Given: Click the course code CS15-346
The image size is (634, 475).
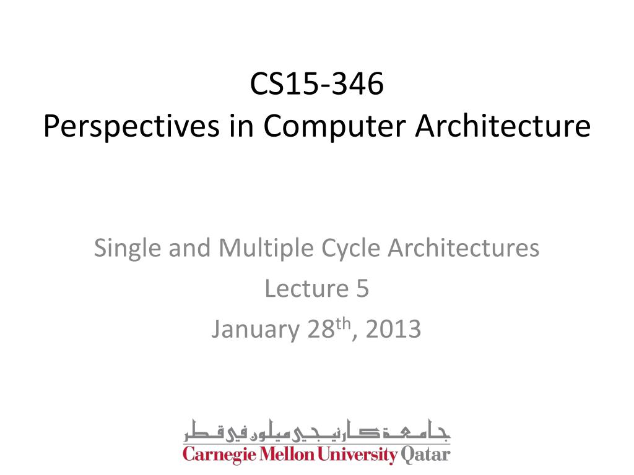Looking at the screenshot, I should coord(317,85).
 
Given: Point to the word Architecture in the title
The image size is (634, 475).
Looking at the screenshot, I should coord(503,126).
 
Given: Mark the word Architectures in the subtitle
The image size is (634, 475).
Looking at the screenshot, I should coord(464,249).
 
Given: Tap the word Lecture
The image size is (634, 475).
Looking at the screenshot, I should coord(304,289).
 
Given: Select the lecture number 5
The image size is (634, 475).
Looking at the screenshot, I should coord(363,289).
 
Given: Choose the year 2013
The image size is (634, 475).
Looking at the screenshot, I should coord(393,330).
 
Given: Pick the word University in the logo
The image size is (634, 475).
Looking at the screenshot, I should coord(357,456).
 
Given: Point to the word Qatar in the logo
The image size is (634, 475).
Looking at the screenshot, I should coord(425,456).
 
